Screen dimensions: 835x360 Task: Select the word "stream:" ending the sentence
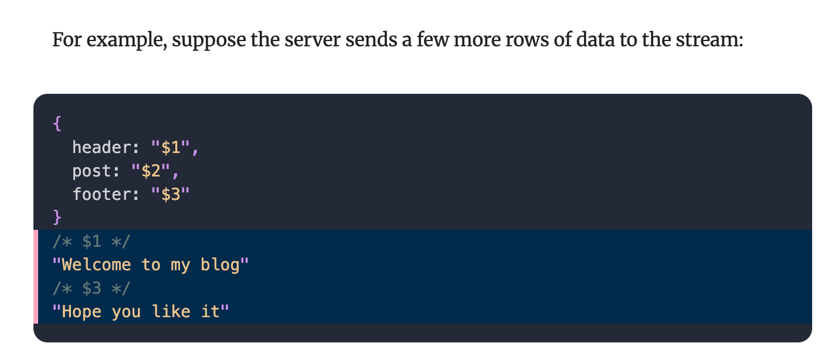[x=710, y=39]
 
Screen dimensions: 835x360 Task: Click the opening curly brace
[x=57, y=123]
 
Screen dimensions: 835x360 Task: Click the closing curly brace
[x=57, y=218]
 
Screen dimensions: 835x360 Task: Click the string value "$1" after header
[x=171, y=147]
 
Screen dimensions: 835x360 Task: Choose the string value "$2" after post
[x=151, y=171]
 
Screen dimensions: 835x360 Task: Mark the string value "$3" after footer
[x=171, y=194]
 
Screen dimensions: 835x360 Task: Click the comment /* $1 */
[x=91, y=242]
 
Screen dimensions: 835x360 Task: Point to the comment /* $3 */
[x=91, y=288]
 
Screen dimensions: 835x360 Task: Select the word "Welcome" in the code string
[x=97, y=264]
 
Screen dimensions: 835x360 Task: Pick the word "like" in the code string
[x=171, y=311]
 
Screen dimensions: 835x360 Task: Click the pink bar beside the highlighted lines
[x=36, y=277]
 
